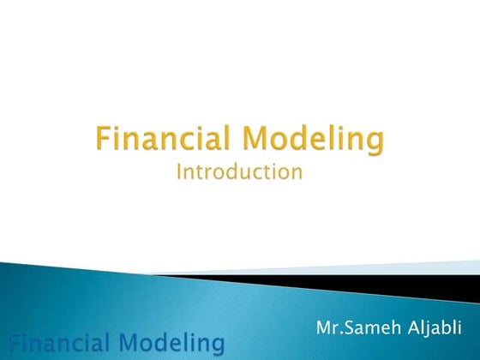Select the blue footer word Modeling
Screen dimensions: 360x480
coord(171,345)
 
